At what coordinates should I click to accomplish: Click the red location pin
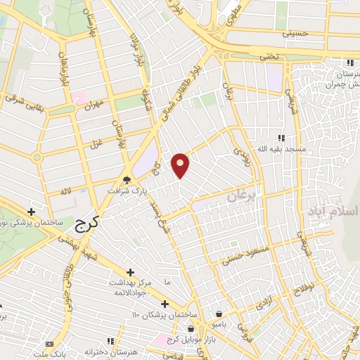click(x=181, y=165)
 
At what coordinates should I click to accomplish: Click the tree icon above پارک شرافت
click(x=127, y=179)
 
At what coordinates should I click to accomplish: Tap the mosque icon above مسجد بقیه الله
click(x=281, y=138)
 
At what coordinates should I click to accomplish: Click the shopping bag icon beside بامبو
click(x=220, y=314)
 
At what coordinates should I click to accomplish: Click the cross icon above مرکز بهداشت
click(x=131, y=272)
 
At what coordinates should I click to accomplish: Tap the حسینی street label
click(x=295, y=32)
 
